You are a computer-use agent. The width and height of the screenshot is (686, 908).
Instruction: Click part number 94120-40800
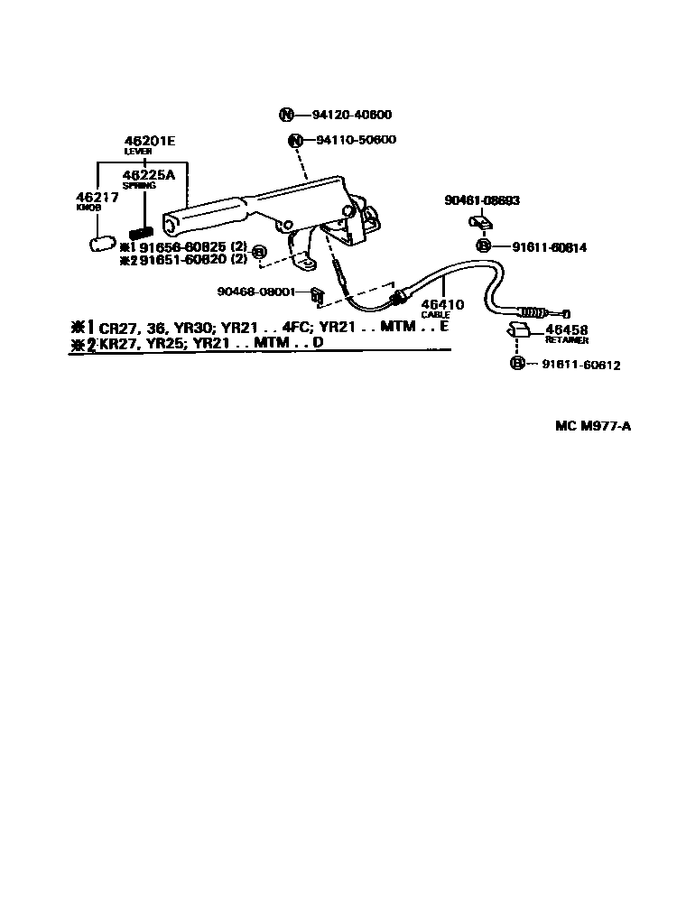[x=354, y=115]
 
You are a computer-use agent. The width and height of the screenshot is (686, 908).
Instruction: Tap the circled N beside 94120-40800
[x=286, y=115]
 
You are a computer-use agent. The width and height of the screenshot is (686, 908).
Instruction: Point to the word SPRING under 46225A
[x=139, y=185]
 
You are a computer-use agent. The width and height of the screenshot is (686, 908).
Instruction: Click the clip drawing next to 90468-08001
[x=316, y=292]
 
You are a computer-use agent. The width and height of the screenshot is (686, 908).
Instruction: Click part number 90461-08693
[x=482, y=200]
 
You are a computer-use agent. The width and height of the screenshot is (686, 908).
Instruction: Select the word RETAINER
[x=567, y=340]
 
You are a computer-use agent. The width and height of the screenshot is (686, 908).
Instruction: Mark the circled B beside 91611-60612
[x=517, y=364]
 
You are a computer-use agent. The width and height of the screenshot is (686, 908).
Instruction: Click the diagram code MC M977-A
[x=592, y=426]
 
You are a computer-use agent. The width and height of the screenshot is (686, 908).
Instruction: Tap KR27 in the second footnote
[x=116, y=344]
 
